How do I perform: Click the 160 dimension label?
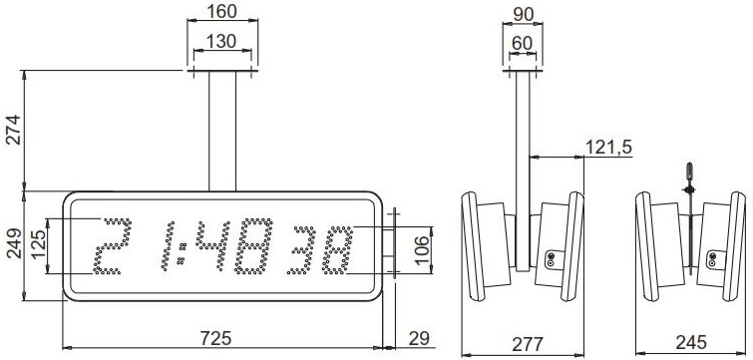[222, 12]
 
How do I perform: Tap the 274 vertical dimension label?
[13, 130]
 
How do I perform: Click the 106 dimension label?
[422, 245]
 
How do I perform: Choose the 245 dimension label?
[690, 341]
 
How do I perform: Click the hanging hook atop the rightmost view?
[687, 174]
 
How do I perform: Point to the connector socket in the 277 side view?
[550, 259]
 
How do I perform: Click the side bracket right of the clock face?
[393, 243]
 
